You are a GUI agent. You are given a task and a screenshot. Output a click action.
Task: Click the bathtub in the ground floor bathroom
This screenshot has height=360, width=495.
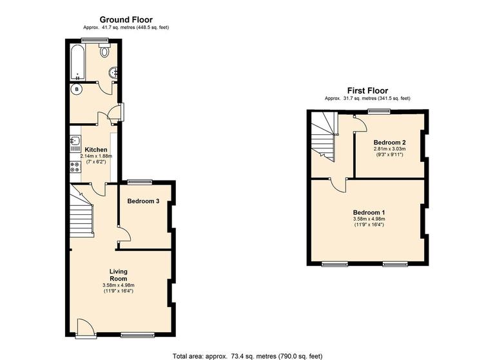point(78,62)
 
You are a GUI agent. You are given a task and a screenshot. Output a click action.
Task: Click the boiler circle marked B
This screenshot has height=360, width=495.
point(77,90)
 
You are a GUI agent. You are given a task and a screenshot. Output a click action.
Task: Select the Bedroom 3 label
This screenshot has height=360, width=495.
point(142,201)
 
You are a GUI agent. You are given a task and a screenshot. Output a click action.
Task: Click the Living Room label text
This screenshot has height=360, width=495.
point(118,275)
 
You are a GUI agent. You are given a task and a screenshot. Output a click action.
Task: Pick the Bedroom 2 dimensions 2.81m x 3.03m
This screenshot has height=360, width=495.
point(389,149)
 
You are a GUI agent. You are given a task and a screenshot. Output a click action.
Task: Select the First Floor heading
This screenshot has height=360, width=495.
point(367,91)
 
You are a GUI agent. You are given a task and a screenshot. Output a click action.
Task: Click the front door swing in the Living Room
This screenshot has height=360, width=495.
point(86,327)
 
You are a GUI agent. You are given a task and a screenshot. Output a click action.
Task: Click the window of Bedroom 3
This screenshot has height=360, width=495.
point(139,181)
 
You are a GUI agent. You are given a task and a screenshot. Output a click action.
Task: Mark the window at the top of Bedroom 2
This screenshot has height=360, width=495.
point(379,112)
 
